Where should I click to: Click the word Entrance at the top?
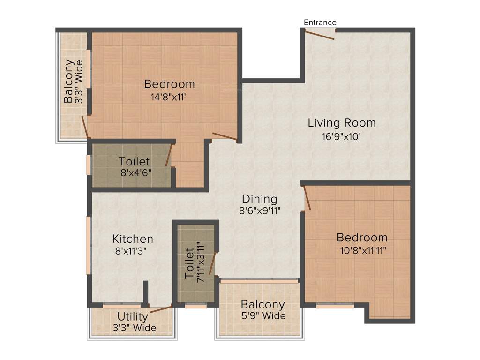(320, 22)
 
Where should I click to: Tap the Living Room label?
(341, 123)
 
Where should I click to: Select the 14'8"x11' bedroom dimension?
(169, 97)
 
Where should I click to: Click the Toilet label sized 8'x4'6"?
(134, 162)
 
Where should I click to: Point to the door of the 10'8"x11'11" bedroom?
(307, 197)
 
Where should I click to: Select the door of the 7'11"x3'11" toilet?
(212, 263)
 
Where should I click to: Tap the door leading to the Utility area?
(160, 309)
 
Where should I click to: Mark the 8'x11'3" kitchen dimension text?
(131, 251)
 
